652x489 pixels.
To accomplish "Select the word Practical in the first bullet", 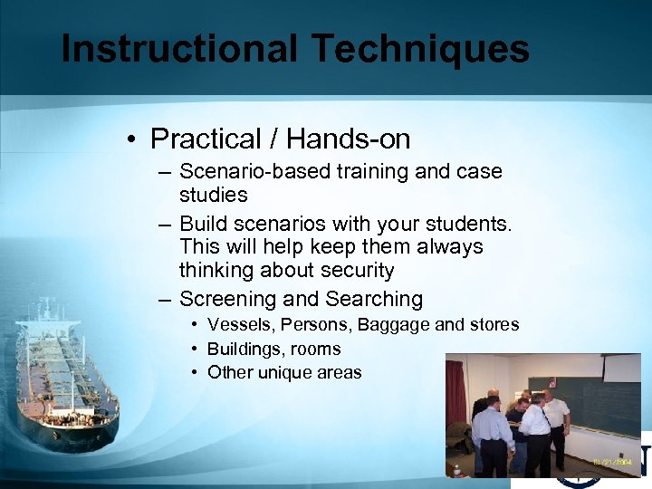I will pyautogui.click(x=206, y=139).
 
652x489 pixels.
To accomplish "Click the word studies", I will pyautogui.click(x=213, y=195).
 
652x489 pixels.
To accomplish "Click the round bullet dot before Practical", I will pyautogui.click(x=132, y=139).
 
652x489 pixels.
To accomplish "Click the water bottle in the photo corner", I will pyautogui.click(x=456, y=470).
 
